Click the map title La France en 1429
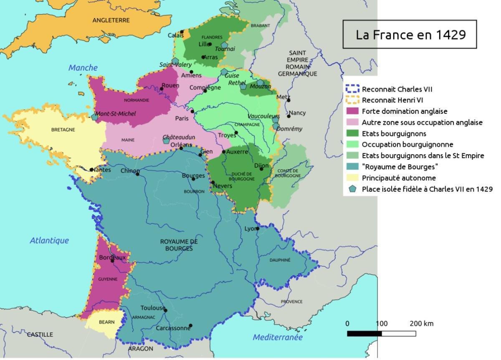(410, 34)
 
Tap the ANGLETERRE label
(111, 20)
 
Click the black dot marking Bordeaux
(112, 261)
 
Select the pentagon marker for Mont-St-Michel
(95, 117)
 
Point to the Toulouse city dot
(166, 310)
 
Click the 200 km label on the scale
(421, 323)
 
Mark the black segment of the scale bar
(364, 333)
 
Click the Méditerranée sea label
(277, 337)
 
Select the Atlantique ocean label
(49, 240)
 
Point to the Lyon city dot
(258, 228)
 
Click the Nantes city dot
(92, 170)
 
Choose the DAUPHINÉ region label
(280, 260)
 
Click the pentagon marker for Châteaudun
(166, 141)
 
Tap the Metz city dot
(288, 100)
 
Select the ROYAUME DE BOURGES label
(179, 245)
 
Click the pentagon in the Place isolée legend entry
(353, 189)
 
